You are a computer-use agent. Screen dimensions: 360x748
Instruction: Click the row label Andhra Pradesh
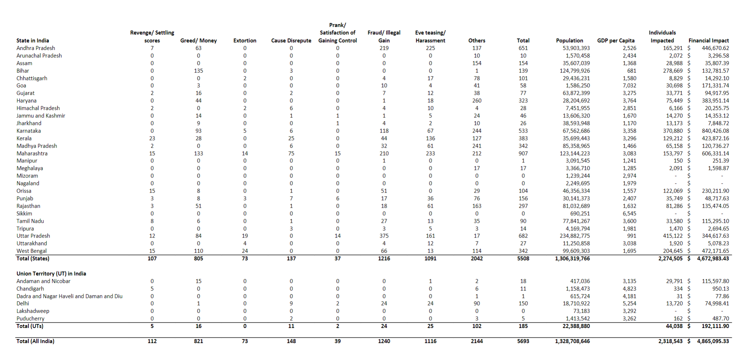pos(36,48)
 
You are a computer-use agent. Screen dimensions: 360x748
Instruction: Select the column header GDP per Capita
pos(616,41)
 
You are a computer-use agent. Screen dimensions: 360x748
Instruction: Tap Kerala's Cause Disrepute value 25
pos(291,138)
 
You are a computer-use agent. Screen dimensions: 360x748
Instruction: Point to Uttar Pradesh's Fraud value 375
pos(384,236)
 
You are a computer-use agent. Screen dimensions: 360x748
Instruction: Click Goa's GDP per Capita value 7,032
pos(629,86)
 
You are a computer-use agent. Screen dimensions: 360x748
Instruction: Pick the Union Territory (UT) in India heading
pos(51,274)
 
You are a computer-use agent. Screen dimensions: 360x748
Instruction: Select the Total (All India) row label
pos(35,341)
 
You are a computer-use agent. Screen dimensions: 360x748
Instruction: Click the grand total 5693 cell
pos(523,341)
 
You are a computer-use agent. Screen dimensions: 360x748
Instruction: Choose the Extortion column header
pos(245,41)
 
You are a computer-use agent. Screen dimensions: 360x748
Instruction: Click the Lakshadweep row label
pos(33,311)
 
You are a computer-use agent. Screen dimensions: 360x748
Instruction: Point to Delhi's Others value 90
pos(477,304)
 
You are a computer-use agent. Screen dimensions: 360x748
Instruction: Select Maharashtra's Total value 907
pos(523,153)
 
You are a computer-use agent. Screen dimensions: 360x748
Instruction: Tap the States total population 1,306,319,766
pos(572,259)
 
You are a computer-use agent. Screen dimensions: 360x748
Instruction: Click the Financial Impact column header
pos(708,41)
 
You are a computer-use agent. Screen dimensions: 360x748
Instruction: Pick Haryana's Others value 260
pos(477,101)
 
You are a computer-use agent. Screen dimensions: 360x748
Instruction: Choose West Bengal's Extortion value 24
pos(245,251)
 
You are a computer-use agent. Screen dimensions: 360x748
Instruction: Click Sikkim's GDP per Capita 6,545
pos(629,213)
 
